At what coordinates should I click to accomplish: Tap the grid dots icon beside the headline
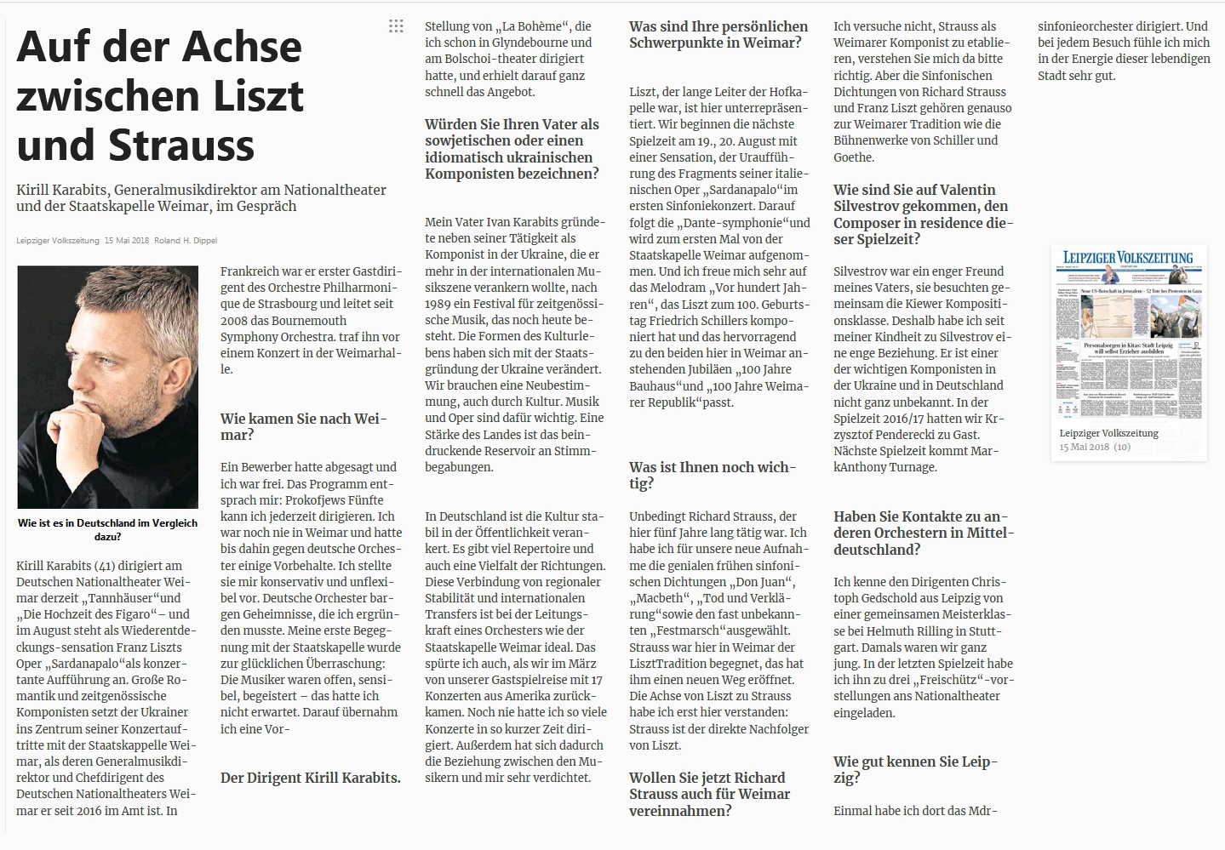pyautogui.click(x=396, y=26)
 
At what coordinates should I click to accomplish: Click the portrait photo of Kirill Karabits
pyautogui.click(x=107, y=387)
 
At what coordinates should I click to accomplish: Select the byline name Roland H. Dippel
pyautogui.click(x=186, y=241)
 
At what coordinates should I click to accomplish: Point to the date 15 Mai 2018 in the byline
pyautogui.click(x=127, y=241)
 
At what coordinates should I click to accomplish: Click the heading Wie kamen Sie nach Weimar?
pyautogui.click(x=303, y=426)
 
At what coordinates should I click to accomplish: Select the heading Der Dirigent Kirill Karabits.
pyautogui.click(x=310, y=778)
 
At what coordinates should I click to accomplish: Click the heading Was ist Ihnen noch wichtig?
pyautogui.click(x=713, y=475)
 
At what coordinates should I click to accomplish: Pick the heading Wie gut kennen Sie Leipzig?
pyautogui.click(x=915, y=769)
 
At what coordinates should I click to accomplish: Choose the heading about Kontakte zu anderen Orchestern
pyautogui.click(x=924, y=533)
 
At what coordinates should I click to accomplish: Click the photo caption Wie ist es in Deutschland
pyautogui.click(x=107, y=529)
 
